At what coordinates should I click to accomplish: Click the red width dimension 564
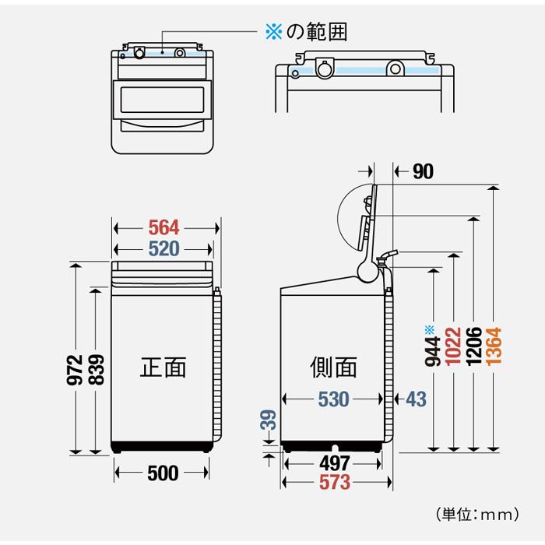(x=164, y=227)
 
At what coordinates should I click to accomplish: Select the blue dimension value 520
(x=164, y=249)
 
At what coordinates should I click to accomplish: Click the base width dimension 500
(x=163, y=473)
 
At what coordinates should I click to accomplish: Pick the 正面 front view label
(x=163, y=366)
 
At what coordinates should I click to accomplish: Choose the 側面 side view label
(x=333, y=366)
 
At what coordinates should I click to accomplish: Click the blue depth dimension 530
(x=333, y=399)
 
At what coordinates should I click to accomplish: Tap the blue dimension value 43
(x=416, y=399)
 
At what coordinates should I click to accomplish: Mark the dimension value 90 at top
(x=423, y=172)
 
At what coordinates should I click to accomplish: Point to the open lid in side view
(x=362, y=218)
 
